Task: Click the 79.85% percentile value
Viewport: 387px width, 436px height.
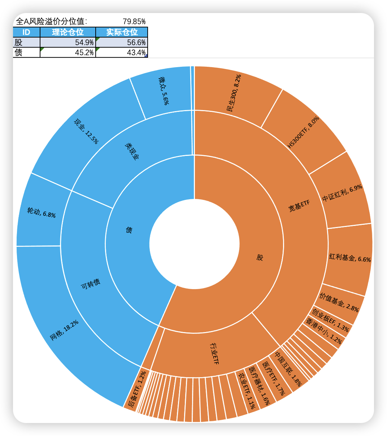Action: tap(134, 21)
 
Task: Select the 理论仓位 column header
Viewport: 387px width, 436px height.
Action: tap(68, 32)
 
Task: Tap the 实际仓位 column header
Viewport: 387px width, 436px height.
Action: tap(122, 32)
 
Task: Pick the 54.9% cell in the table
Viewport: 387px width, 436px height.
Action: tap(68, 42)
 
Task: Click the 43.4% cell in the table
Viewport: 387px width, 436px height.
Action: tap(122, 52)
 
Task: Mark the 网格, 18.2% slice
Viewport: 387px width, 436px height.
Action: tap(64, 331)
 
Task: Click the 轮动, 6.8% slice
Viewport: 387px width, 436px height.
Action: tap(41, 212)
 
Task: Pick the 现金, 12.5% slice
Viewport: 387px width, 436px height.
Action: tap(86, 131)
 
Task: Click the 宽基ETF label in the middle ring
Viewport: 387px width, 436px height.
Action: tap(299, 207)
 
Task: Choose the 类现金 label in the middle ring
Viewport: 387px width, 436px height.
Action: tap(132, 151)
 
